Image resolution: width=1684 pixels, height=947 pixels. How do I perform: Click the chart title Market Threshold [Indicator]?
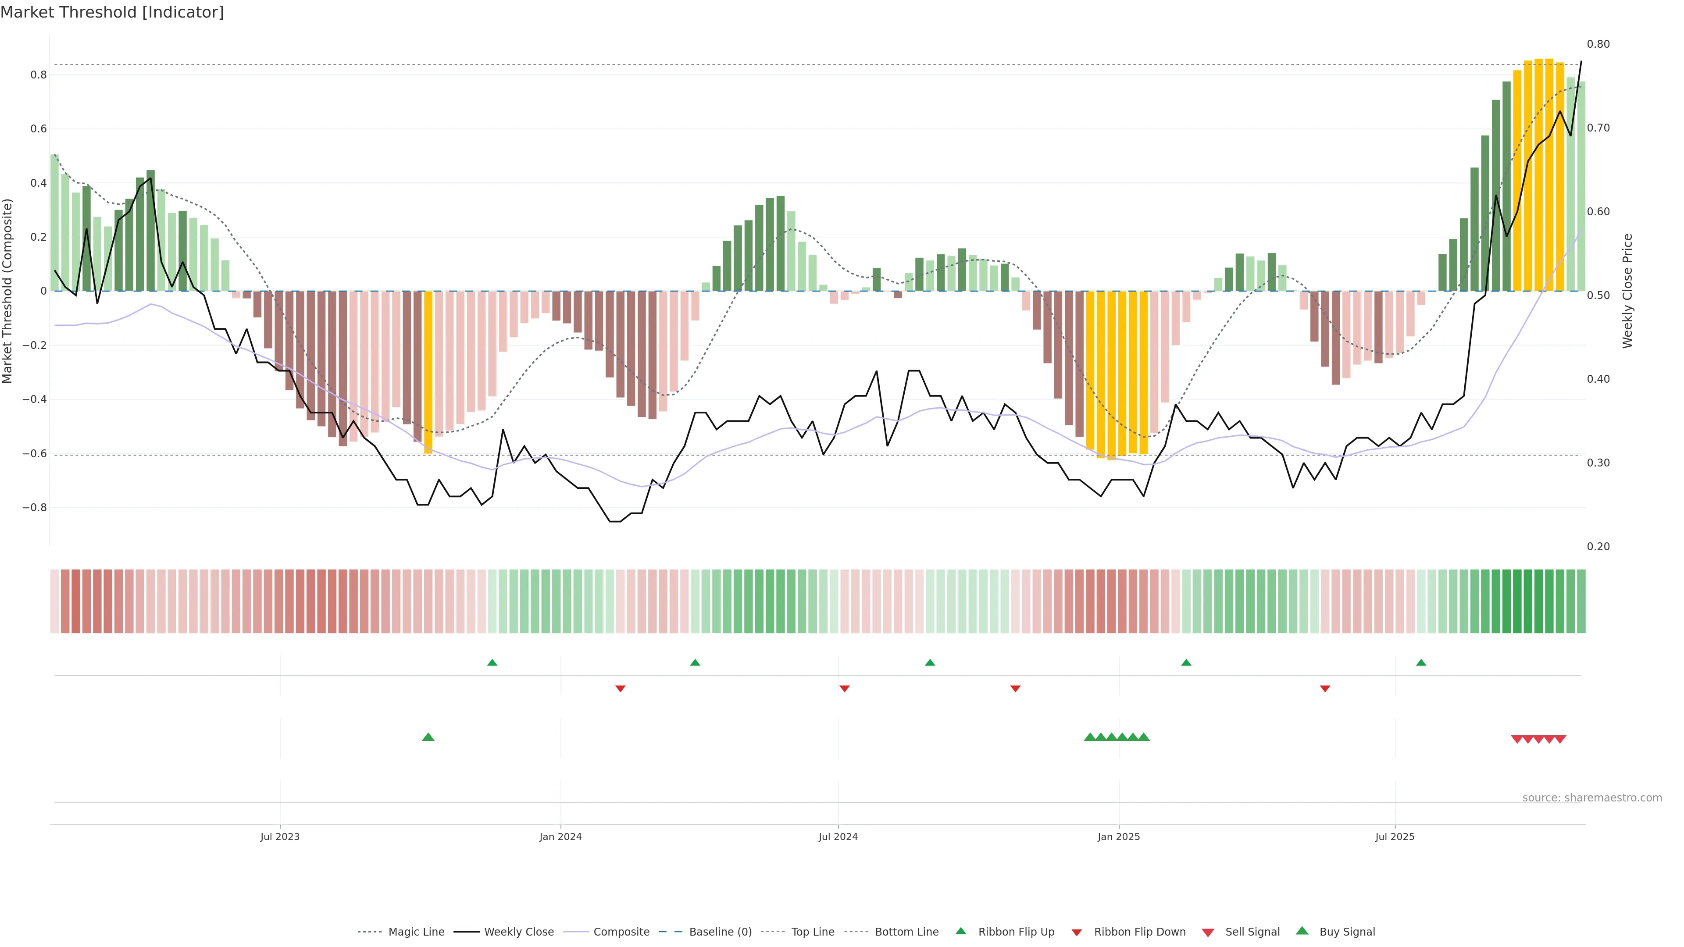112,12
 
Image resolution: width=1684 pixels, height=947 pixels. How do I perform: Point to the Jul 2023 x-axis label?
280,837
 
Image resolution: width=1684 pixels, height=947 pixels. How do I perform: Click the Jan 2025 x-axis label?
1119,837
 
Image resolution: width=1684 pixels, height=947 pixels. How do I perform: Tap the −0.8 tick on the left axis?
35,508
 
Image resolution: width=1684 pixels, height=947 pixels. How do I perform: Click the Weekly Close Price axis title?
1627,291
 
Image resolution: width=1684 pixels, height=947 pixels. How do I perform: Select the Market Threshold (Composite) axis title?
8,291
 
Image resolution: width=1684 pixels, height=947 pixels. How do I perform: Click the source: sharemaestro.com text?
1592,798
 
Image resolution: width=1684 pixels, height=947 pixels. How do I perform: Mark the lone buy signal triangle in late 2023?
428,737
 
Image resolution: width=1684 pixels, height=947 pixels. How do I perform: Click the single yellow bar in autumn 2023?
428,373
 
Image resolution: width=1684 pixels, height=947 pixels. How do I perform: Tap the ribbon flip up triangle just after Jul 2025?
1421,663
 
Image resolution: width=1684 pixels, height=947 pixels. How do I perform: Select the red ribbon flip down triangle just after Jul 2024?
845,689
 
